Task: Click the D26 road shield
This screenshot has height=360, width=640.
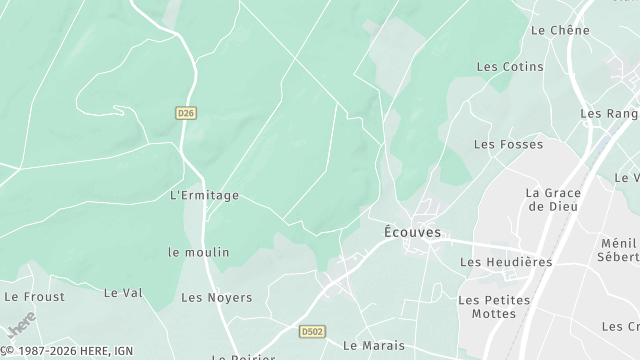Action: coord(185,113)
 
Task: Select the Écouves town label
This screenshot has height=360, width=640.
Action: coord(412,233)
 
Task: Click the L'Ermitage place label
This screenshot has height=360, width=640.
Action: coord(205,195)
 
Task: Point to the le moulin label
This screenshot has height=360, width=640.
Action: coord(199,252)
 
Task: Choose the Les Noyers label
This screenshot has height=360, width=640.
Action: coord(216,297)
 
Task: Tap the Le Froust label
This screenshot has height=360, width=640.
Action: coord(34,296)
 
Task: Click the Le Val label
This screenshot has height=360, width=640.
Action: coord(124,292)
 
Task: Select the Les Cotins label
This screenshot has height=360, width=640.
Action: coord(510,67)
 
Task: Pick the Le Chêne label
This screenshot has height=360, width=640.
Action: coord(560,30)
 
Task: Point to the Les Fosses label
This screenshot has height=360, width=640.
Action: coord(508,144)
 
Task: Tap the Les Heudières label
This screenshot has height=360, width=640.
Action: coord(506,262)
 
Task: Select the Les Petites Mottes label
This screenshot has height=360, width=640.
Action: coord(487,306)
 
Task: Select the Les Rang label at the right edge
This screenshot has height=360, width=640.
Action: coord(609,114)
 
